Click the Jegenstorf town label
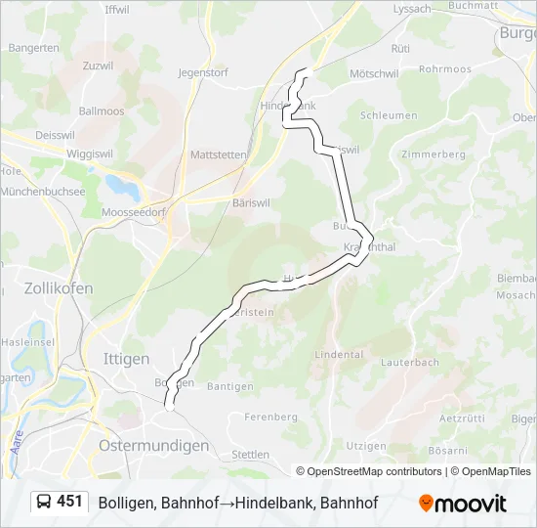(203, 72)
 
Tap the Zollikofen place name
(58, 288)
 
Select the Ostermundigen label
(154, 445)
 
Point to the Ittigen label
(125, 359)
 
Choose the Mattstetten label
(219, 154)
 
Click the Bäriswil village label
(251, 202)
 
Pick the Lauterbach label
(410, 362)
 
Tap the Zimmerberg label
(433, 154)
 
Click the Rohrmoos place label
(444, 69)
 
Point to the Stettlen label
(250, 455)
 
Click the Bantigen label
(230, 387)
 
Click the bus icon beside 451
(44, 503)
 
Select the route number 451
(69, 502)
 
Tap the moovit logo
(463, 504)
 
